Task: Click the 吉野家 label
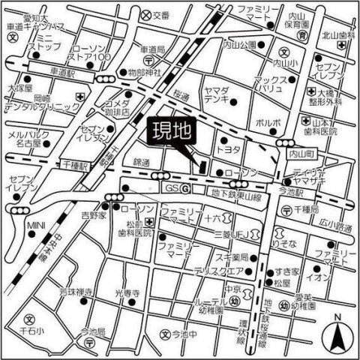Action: point(95,215)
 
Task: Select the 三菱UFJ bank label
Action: point(233,233)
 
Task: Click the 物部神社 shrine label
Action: point(145,72)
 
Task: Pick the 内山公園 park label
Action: point(240,46)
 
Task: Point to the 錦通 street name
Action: point(143,163)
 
